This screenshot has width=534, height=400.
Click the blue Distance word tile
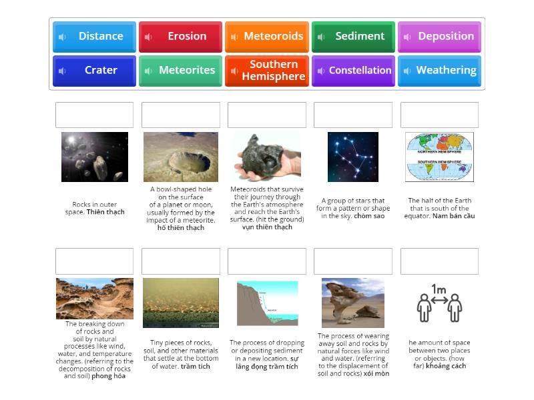point(94,37)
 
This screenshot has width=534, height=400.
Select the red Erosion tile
point(180,37)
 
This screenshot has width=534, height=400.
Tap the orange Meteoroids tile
point(267,37)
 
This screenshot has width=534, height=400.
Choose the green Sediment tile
point(353,37)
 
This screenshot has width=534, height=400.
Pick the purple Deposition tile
point(439,37)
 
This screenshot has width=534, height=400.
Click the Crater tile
point(94,71)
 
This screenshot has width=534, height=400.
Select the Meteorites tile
point(180,71)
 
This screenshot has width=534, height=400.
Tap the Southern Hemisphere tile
point(267,71)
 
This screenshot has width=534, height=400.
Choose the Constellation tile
point(353,71)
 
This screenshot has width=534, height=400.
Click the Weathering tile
point(439,71)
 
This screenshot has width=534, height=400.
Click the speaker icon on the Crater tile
point(62,71)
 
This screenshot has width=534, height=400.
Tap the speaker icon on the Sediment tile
point(321,37)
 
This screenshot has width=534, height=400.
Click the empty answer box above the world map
point(439,115)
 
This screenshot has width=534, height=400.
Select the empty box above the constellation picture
point(353,115)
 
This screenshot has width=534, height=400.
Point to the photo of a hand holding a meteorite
point(266,157)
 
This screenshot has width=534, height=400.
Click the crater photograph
point(180,157)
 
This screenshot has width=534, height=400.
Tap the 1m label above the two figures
point(439,289)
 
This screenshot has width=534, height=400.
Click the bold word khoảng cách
point(449,366)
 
